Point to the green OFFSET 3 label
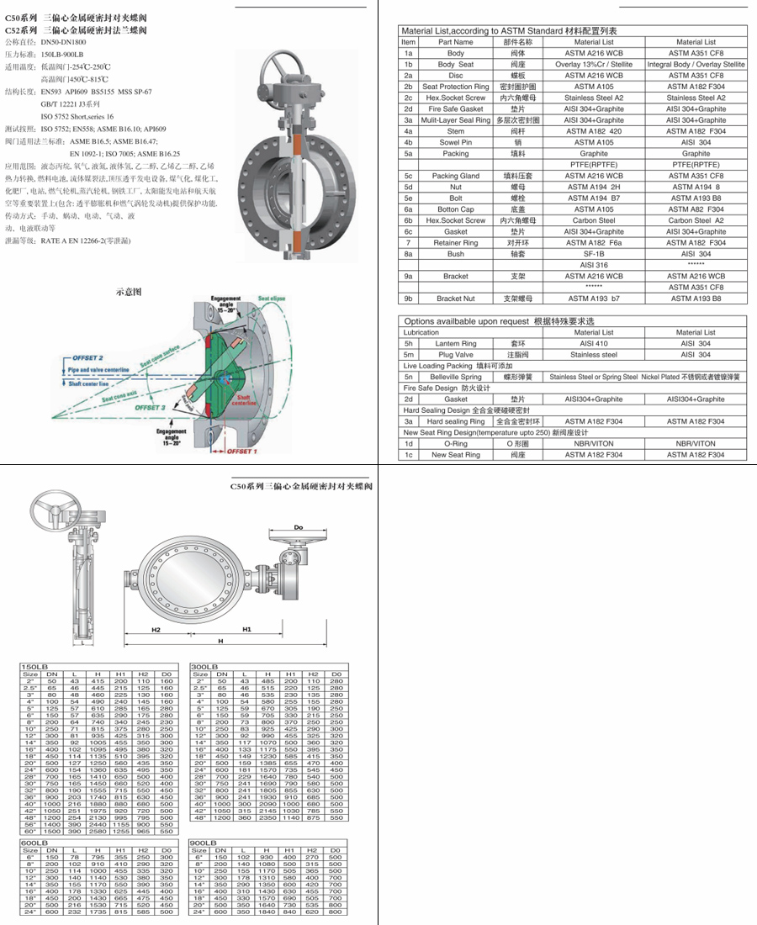coord(150,407)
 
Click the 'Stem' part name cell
coord(455,131)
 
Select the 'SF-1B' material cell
coord(594,253)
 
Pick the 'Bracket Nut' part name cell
coord(455,298)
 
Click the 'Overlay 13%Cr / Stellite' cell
coord(594,64)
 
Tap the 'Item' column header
coord(408,41)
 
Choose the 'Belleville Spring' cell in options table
coord(455,377)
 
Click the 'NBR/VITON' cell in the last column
coord(695,443)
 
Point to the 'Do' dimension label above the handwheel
coord(297,527)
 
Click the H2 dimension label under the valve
coord(156,629)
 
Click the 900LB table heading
coord(204,842)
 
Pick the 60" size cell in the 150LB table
coord(30,831)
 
